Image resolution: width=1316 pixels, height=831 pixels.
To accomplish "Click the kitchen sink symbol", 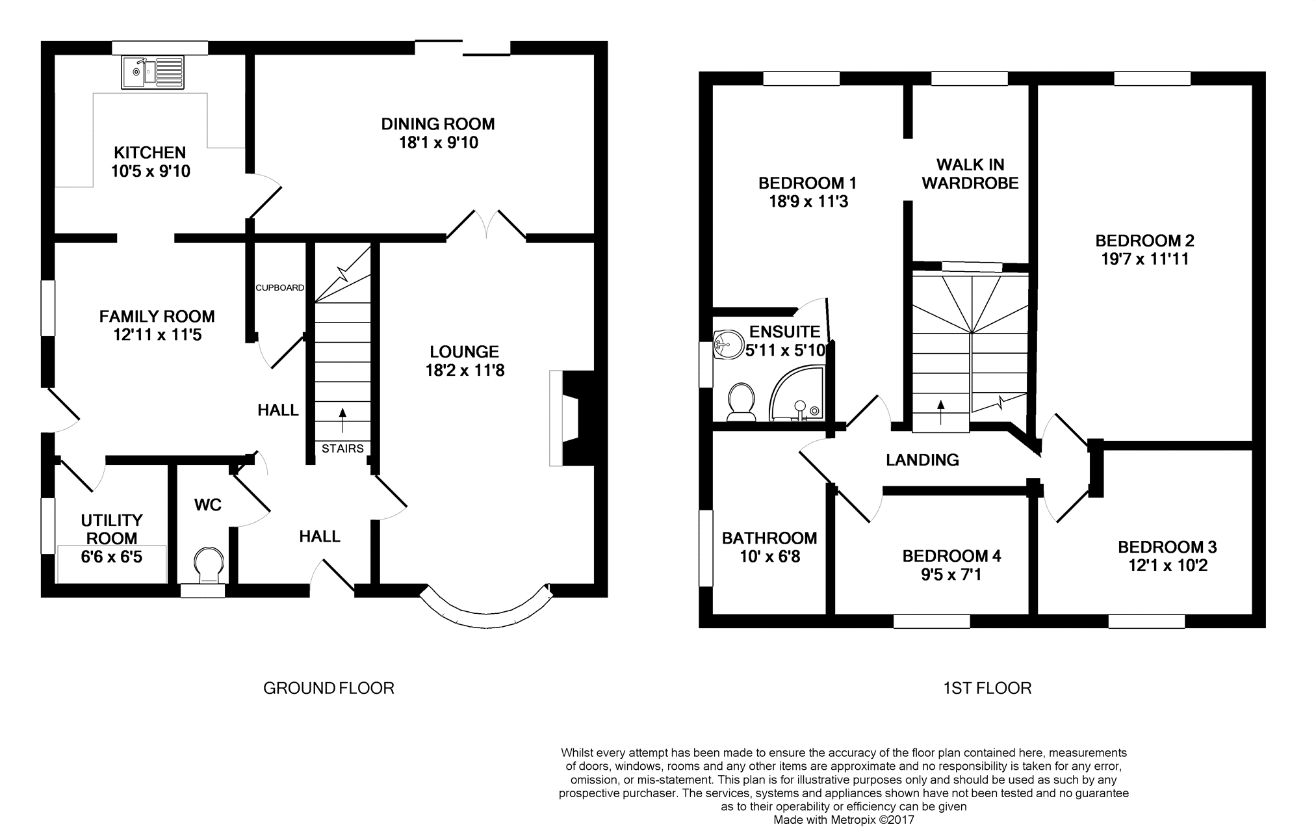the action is click(153, 72).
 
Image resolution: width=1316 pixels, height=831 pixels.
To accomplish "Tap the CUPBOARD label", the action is click(279, 287).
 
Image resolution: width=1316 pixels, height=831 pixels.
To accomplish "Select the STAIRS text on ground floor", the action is click(342, 449).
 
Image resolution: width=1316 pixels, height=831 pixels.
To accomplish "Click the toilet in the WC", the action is click(209, 563).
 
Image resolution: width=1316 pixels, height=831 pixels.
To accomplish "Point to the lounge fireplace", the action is click(572, 418).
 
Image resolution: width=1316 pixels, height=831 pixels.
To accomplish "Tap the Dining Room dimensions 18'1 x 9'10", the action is click(438, 142).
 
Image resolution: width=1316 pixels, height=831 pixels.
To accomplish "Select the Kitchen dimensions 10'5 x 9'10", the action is click(150, 171).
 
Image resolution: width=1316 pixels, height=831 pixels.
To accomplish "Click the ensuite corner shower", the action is click(797, 393).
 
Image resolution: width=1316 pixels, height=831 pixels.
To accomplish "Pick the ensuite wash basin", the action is click(728, 344).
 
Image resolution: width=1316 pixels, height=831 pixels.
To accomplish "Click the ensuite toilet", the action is click(741, 401).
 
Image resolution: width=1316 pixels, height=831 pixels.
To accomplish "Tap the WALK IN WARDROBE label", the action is click(970, 174).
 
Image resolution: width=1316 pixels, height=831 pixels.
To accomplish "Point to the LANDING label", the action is click(922, 460).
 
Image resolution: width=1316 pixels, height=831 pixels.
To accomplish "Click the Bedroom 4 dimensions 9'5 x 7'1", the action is click(951, 574).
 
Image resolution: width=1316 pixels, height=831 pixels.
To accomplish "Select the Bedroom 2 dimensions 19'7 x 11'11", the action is click(1144, 259).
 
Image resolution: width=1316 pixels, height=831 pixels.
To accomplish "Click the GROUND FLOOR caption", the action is click(328, 688).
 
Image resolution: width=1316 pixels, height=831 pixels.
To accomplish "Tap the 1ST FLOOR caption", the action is click(987, 688).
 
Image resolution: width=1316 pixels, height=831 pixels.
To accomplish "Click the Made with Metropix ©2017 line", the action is click(844, 820).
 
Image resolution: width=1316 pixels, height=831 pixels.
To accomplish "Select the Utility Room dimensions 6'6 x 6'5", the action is click(112, 557).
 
